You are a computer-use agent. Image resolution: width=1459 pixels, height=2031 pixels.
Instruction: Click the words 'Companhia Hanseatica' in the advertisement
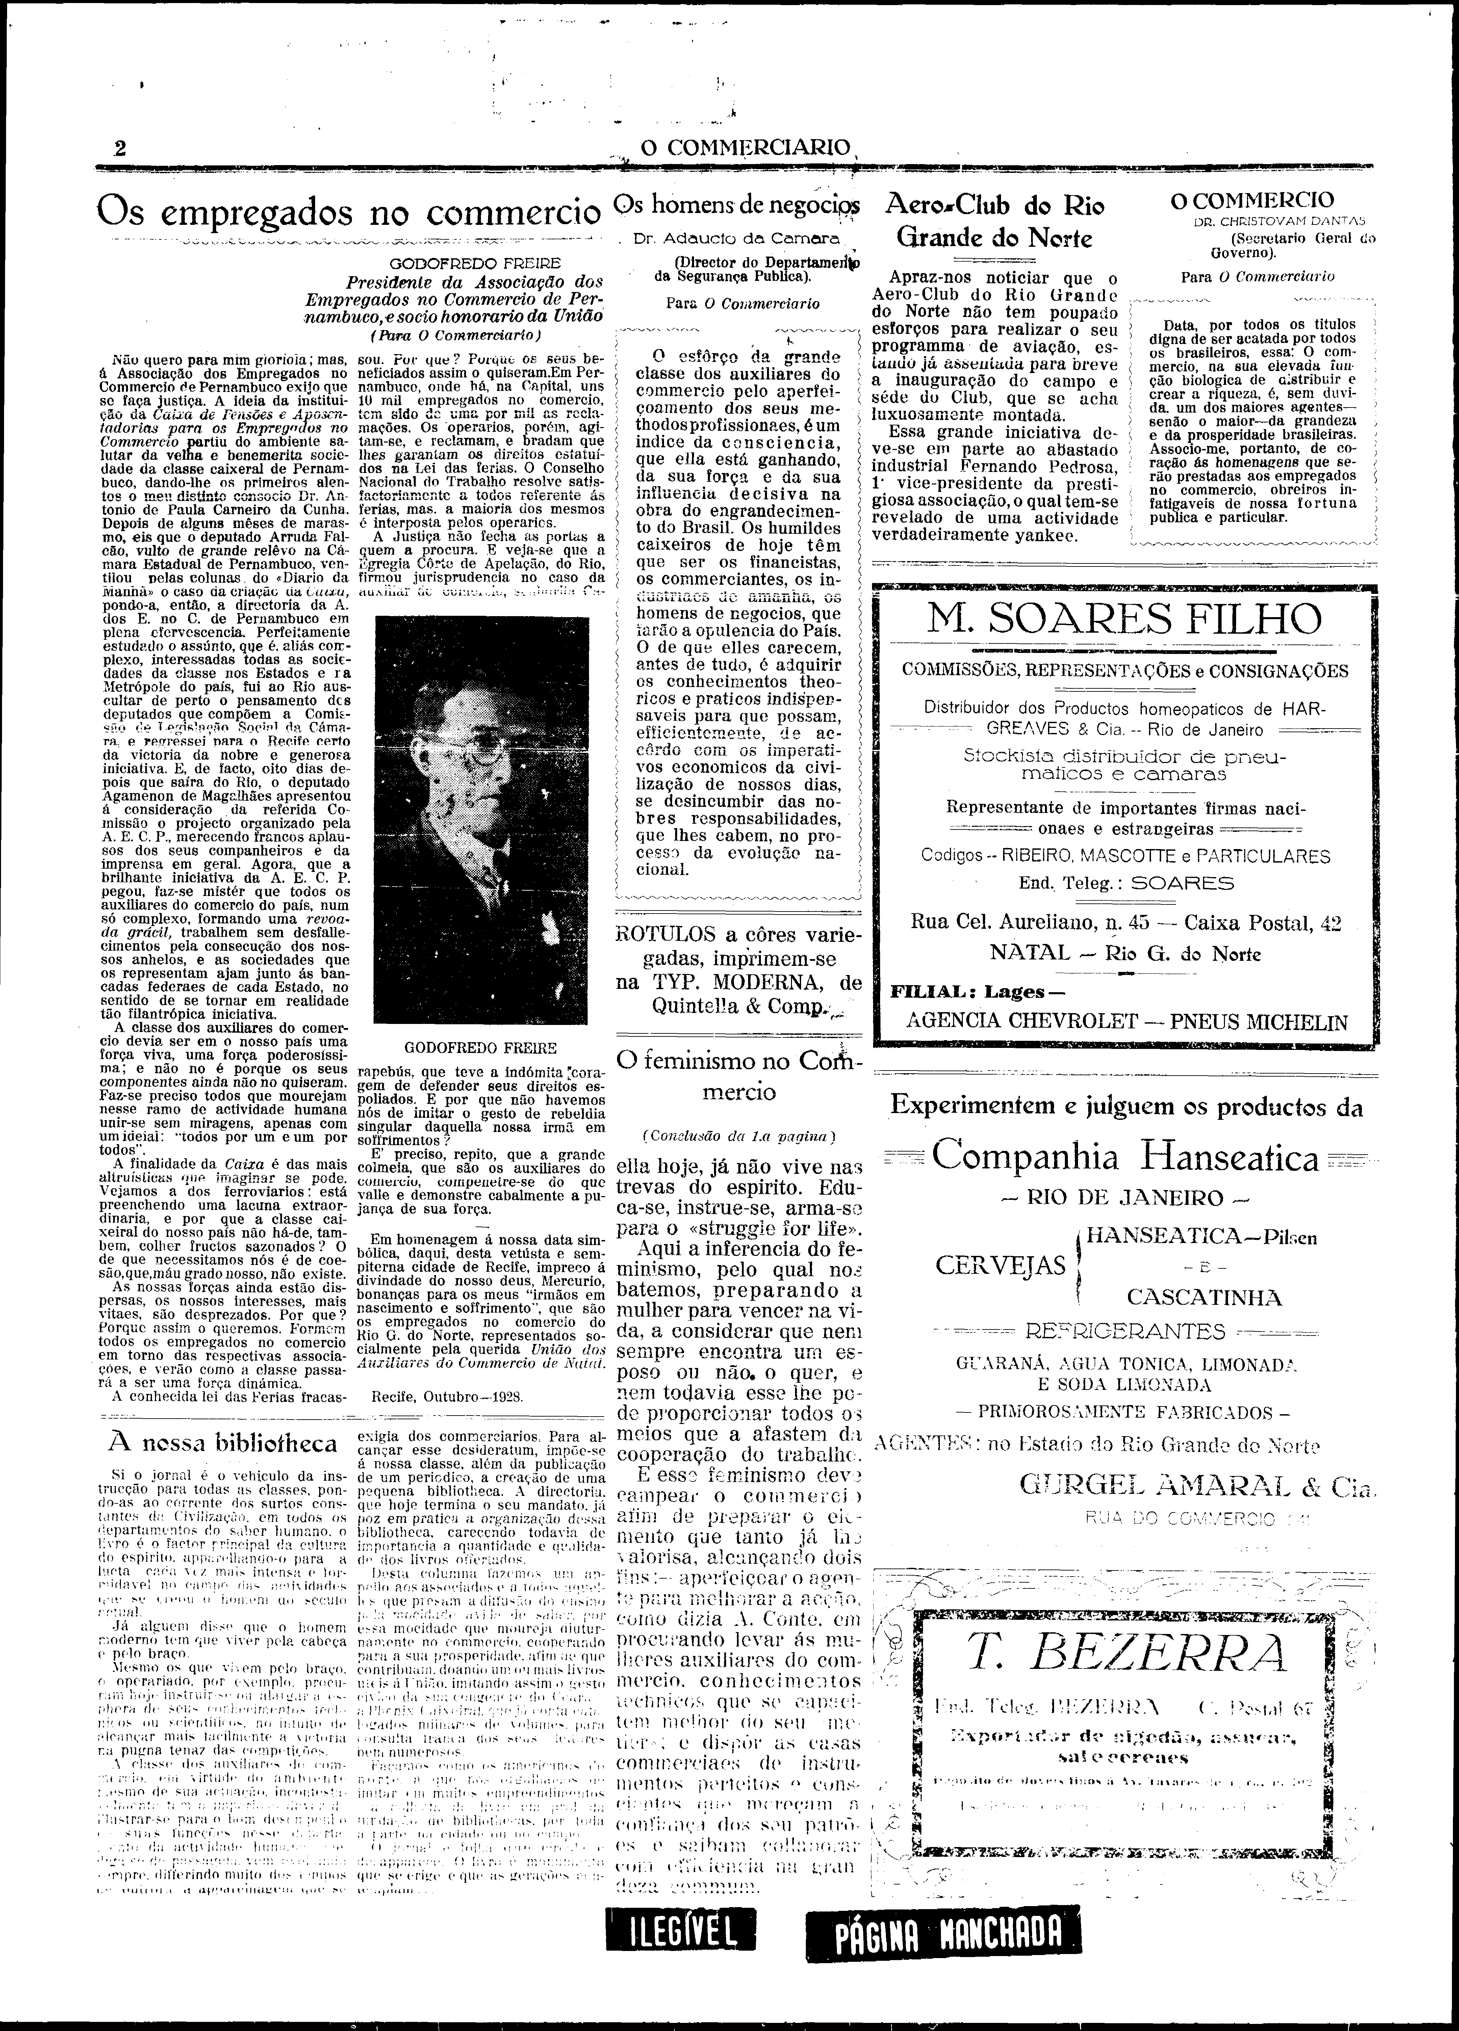coord(1126,1159)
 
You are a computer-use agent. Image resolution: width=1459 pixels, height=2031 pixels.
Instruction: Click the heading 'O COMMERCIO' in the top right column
coord(1252,201)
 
